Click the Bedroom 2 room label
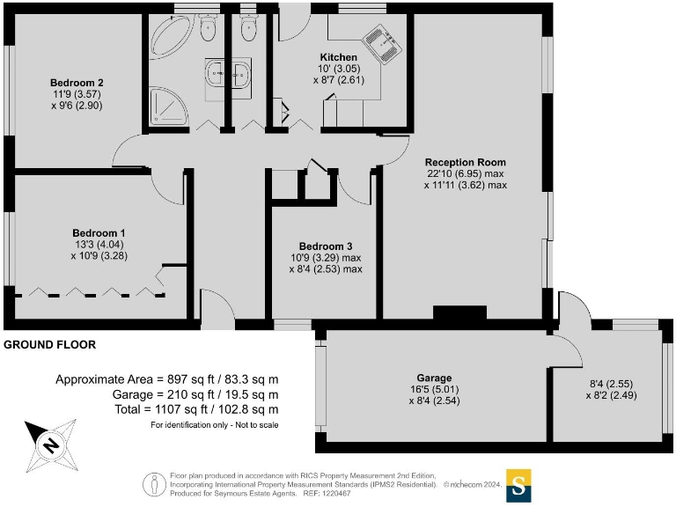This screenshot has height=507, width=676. click(72, 83)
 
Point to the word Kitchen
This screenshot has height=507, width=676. click(338, 57)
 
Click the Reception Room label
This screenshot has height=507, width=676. click(465, 162)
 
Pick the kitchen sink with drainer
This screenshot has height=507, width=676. click(384, 43)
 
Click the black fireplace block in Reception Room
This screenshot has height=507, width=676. click(459, 312)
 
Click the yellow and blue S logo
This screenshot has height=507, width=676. click(518, 484)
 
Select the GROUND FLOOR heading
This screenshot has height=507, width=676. click(50, 345)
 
